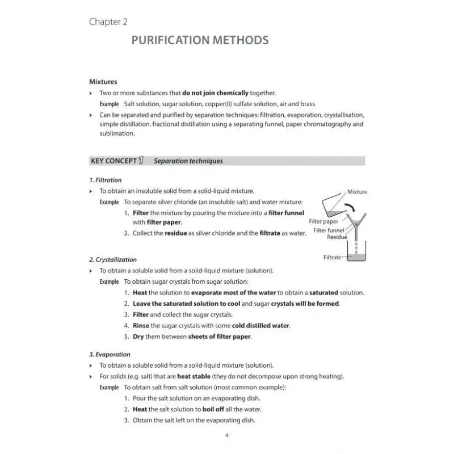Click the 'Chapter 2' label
tap(108, 22)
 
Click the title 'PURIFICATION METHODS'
tap(200, 40)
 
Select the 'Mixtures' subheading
tap(103, 82)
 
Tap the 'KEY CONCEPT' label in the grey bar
tap(113, 161)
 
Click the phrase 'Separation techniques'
tap(188, 161)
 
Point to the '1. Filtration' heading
tap(106, 180)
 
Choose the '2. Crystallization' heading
tap(113, 259)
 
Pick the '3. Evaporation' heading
tap(110, 354)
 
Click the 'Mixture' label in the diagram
tap(357, 192)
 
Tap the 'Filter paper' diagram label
tap(323, 221)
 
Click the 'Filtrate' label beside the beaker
tap(333, 257)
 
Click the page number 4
tap(226, 435)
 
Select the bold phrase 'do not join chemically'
tap(216, 93)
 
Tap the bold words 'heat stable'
tap(194, 376)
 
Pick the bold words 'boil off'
tap(212, 409)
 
